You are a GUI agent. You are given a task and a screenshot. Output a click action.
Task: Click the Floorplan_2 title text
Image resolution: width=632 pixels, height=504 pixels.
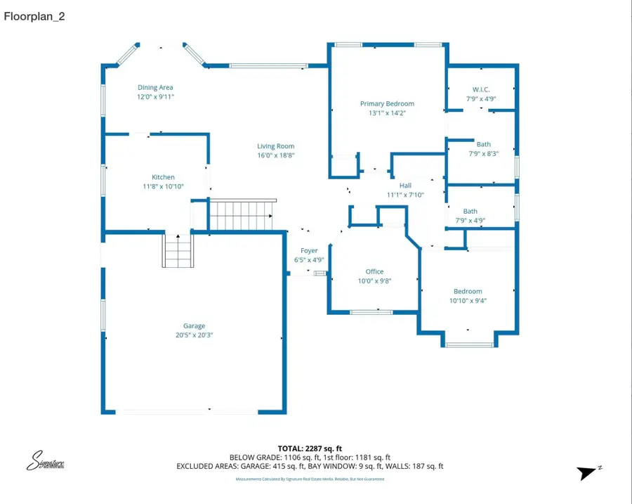(34, 16)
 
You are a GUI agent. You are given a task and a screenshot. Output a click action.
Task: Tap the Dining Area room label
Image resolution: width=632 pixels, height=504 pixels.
(155, 88)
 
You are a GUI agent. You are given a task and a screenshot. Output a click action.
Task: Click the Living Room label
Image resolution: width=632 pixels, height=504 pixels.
(275, 146)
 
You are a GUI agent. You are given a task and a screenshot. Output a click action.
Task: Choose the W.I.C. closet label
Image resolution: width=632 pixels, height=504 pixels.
(481, 89)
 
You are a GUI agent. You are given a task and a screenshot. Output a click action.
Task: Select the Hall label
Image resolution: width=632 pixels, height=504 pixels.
(405, 186)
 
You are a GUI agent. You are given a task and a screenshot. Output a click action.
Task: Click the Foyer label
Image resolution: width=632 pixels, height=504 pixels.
(309, 251)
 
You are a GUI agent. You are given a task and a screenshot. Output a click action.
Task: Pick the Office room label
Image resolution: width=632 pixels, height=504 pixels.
(374, 271)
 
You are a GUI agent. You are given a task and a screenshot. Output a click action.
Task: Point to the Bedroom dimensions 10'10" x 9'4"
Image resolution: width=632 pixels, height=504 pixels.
(468, 301)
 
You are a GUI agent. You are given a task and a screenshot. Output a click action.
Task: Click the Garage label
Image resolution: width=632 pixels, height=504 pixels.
(195, 325)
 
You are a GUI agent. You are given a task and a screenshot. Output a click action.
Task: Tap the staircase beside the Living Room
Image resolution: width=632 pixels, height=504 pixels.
(242, 214)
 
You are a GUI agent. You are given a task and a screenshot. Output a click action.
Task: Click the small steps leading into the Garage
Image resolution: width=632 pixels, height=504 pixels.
(178, 251)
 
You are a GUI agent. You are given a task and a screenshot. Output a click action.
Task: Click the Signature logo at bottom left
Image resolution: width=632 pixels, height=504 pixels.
(46, 461)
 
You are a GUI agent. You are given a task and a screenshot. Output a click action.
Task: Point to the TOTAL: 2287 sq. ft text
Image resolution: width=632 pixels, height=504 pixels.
(310, 448)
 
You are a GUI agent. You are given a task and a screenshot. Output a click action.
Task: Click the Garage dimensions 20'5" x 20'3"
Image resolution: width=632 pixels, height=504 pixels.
(195, 335)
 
